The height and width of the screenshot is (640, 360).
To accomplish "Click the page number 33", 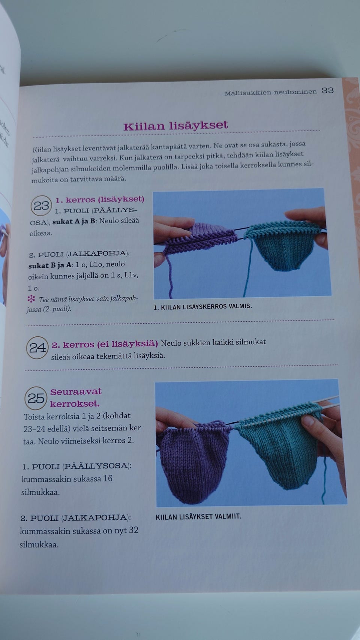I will (327, 90).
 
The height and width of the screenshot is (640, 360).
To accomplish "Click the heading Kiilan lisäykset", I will (175, 126).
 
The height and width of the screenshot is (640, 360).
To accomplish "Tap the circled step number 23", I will (41, 205).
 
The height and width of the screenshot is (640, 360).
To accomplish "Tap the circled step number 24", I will (37, 348).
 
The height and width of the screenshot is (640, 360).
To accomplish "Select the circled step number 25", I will (36, 398).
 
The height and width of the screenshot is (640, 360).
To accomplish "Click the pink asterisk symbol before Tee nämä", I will (31, 299).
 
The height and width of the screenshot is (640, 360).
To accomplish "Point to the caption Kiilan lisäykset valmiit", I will (198, 517).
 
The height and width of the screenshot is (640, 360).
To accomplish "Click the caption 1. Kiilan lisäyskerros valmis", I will (202, 306).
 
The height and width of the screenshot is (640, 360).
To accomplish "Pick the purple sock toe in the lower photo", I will (195, 461).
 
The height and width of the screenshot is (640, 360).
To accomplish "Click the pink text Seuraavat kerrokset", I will (75, 397).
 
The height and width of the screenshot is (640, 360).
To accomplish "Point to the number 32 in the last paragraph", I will (133, 531).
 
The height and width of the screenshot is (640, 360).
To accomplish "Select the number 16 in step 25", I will (108, 479).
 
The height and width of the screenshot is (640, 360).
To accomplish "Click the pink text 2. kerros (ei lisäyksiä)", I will (105, 344).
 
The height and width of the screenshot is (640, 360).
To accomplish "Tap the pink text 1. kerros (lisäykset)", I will (100, 199).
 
